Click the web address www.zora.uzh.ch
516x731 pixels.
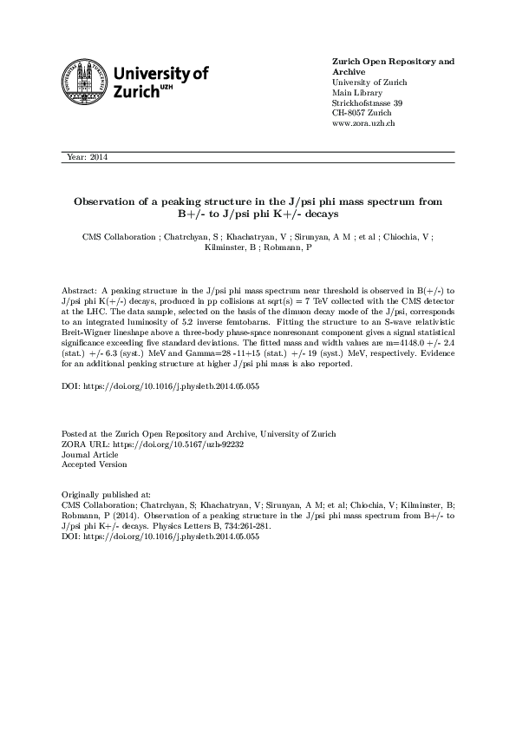click(x=364, y=124)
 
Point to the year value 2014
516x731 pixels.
click(x=98, y=157)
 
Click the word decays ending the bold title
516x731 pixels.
click(x=317, y=213)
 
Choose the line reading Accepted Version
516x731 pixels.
click(x=94, y=464)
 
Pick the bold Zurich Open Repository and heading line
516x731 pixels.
click(x=393, y=62)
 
